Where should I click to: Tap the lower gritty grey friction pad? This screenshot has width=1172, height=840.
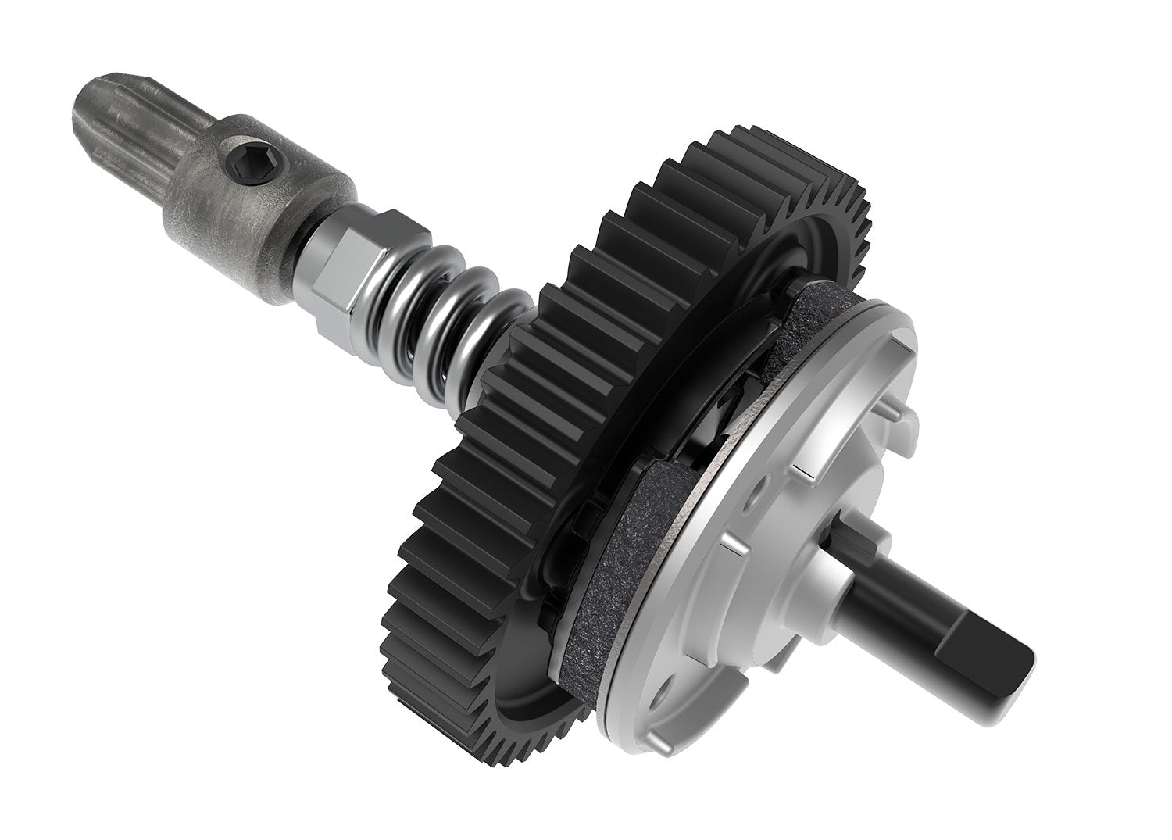click(x=617, y=570)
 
